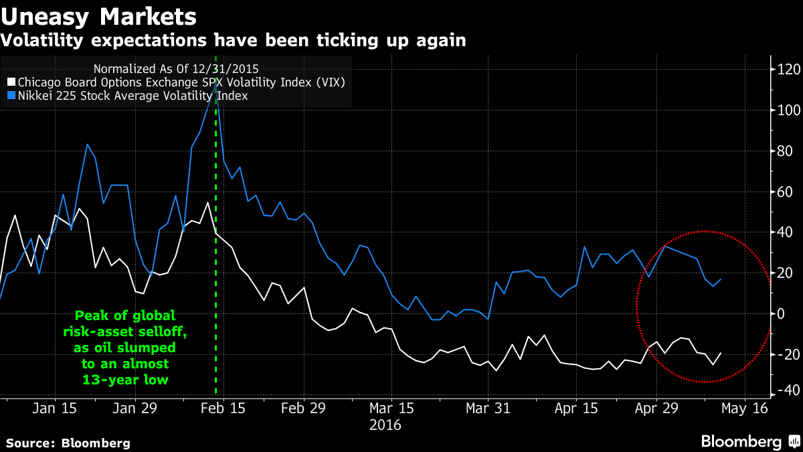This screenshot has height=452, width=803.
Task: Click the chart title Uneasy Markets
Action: click(98, 15)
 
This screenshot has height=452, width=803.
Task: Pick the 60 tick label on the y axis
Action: click(783, 192)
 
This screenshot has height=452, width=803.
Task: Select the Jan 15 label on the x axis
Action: click(55, 408)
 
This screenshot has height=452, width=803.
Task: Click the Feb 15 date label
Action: click(222, 408)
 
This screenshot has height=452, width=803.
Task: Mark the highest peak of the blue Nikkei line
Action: click(215, 82)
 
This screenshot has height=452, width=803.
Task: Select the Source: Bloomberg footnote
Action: click(68, 443)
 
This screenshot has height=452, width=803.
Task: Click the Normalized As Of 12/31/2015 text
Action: click(176, 68)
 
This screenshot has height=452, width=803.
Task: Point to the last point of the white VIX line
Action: click(721, 353)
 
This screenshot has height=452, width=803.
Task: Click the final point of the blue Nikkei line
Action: click(721, 279)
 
